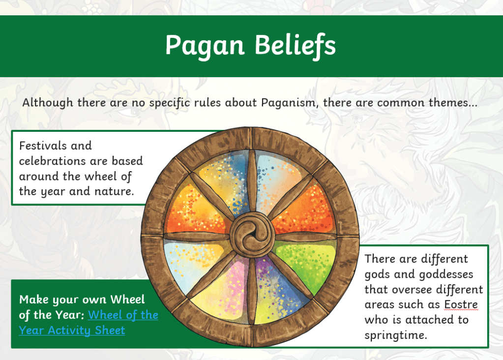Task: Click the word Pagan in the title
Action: click(x=205, y=46)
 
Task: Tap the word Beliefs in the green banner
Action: click(x=295, y=45)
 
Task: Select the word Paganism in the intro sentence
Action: click(x=290, y=103)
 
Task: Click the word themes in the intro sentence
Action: click(x=453, y=103)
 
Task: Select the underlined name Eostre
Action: click(x=461, y=304)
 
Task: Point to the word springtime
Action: click(x=396, y=335)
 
